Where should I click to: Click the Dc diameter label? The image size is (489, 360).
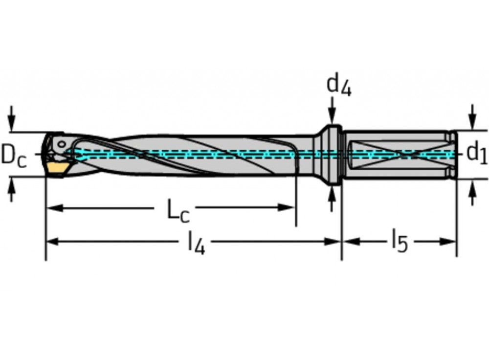[x=14, y=156]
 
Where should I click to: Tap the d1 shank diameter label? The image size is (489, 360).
[x=477, y=153]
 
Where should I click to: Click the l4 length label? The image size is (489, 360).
[x=197, y=243]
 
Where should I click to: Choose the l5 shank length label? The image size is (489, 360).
[x=399, y=242]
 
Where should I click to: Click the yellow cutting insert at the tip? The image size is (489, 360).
[x=58, y=168]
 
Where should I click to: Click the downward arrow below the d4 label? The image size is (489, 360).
[x=332, y=117]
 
